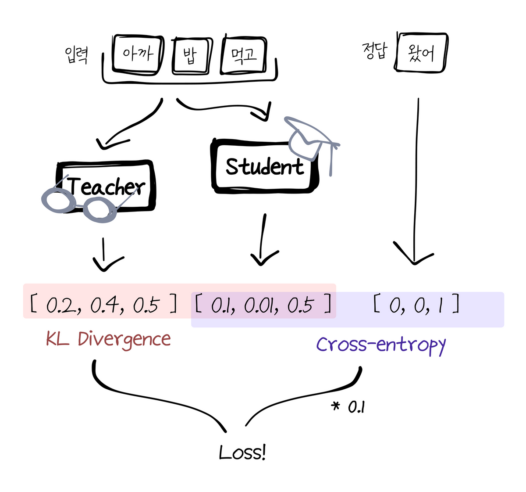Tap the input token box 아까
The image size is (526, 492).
click(138, 54)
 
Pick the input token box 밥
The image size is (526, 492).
click(190, 55)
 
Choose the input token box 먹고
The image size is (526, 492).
click(244, 55)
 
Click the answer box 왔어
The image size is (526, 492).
click(421, 53)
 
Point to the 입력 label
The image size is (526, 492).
click(77, 55)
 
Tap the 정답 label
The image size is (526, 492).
click(375, 51)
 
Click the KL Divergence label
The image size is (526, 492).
click(108, 339)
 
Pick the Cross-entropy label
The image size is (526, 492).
click(380, 345)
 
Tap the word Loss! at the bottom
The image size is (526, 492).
click(242, 452)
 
